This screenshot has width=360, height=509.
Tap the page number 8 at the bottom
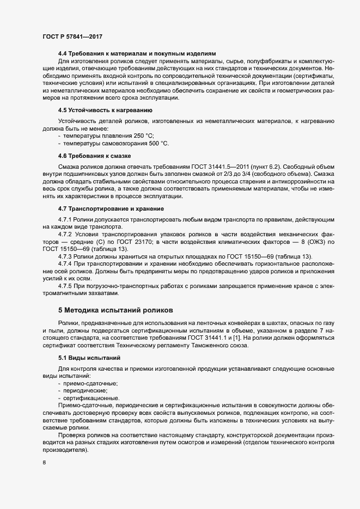tap(44, 463)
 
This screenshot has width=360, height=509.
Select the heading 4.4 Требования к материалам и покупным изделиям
tap(137, 53)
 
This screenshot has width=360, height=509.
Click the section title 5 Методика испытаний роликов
tap(115, 310)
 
